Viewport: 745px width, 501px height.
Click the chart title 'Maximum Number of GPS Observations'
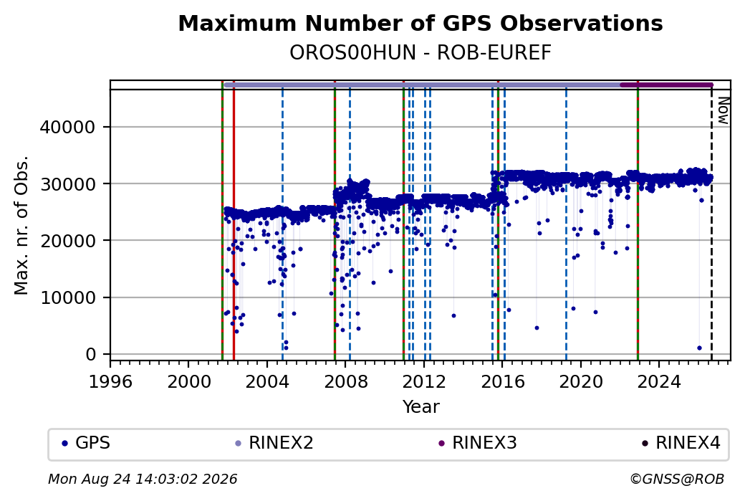point(420,23)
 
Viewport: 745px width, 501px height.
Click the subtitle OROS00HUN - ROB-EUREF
point(420,53)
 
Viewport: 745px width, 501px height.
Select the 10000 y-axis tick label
point(68,297)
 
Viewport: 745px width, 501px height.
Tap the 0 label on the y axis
point(91,354)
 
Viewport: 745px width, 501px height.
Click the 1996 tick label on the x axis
point(110,381)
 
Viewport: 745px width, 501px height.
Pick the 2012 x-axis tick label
point(424,381)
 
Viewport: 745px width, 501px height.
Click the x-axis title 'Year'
point(421,407)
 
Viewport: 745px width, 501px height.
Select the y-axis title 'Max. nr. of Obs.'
point(21,225)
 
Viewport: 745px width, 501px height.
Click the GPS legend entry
point(86,443)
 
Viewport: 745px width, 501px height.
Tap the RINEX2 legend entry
point(274,443)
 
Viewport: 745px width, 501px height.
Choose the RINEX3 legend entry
point(478,443)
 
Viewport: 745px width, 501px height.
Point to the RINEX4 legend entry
point(681,443)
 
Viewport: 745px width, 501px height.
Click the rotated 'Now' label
point(723,111)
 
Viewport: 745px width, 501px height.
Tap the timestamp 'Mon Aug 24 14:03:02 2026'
point(143,479)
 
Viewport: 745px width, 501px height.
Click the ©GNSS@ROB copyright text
point(677,479)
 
